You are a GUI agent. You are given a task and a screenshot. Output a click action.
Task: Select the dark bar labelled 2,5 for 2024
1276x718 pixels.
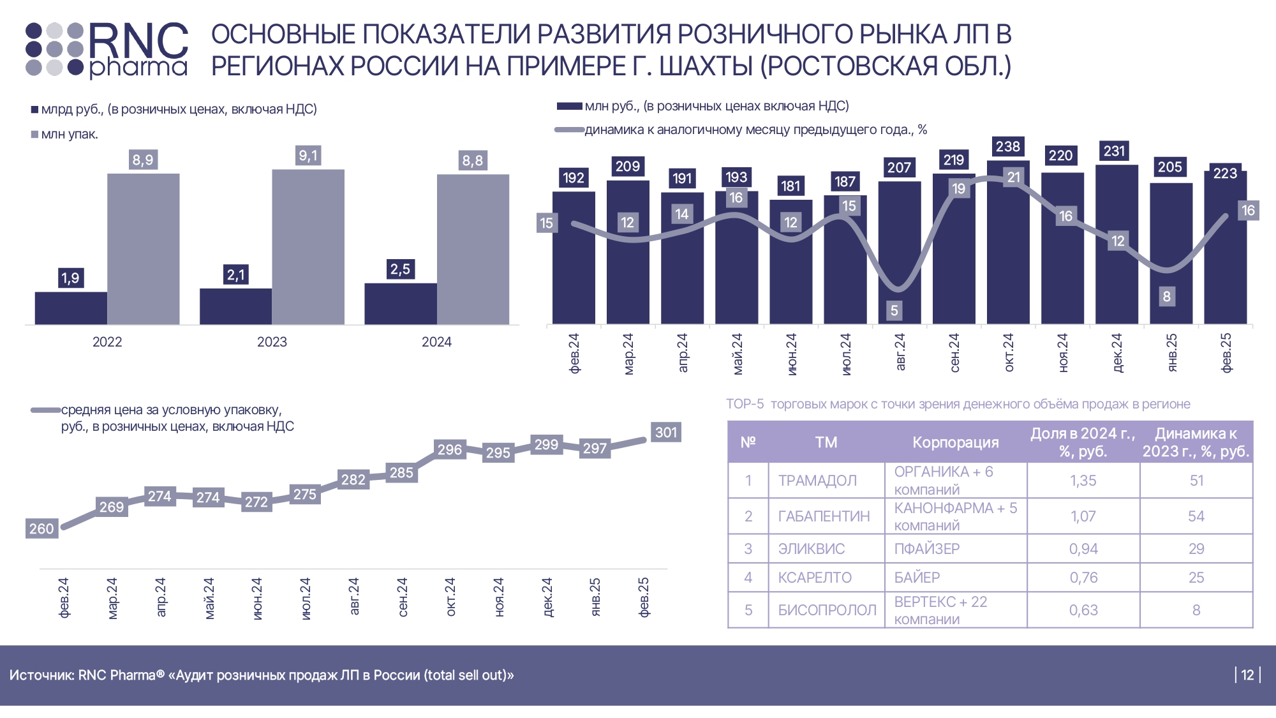click(x=400, y=304)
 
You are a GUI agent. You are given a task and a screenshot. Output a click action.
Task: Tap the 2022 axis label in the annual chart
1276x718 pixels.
click(x=107, y=342)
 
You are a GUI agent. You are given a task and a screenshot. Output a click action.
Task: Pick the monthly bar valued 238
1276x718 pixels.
click(x=1008, y=243)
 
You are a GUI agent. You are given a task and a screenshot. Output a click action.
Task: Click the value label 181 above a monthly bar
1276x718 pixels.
click(x=790, y=186)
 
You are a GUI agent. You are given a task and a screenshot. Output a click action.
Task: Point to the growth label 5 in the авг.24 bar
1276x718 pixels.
click(x=894, y=310)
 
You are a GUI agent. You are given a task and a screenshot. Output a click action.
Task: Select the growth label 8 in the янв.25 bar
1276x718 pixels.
click(x=1167, y=296)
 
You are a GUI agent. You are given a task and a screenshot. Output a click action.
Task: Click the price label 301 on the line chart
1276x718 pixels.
click(x=666, y=432)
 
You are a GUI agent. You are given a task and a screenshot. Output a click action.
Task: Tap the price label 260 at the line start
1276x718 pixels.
click(x=41, y=528)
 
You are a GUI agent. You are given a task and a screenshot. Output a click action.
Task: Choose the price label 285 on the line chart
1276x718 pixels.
click(x=401, y=473)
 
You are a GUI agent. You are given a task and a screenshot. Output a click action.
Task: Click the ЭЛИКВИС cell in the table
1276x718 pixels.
click(x=812, y=549)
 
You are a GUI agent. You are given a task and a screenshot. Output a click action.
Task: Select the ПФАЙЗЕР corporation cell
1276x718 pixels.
click(x=927, y=549)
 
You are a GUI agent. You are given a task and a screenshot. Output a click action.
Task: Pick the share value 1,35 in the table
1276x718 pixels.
click(x=1083, y=481)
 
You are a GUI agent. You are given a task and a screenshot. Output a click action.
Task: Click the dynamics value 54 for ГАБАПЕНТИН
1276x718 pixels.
click(x=1196, y=516)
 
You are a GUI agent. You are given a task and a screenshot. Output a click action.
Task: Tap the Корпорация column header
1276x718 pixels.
click(x=955, y=442)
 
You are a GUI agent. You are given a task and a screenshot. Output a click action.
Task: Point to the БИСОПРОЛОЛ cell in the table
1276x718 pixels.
click(x=827, y=610)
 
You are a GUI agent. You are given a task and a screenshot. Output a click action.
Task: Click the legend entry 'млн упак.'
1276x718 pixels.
click(x=70, y=135)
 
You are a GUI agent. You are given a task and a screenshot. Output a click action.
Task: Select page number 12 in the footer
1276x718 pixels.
click(x=1248, y=675)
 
